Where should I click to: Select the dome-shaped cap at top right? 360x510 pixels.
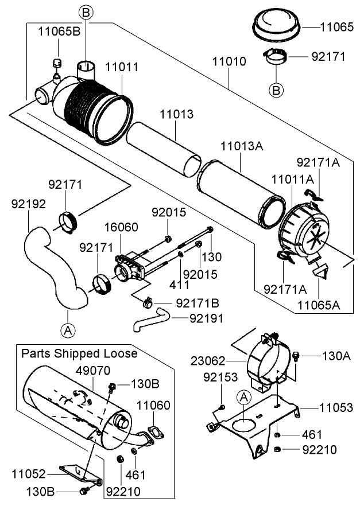[278, 26]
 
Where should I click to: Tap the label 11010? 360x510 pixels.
[229, 61]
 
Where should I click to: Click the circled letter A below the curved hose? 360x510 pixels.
[68, 330]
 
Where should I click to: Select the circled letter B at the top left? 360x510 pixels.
[85, 12]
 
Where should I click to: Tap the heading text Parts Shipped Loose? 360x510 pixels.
[79, 353]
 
